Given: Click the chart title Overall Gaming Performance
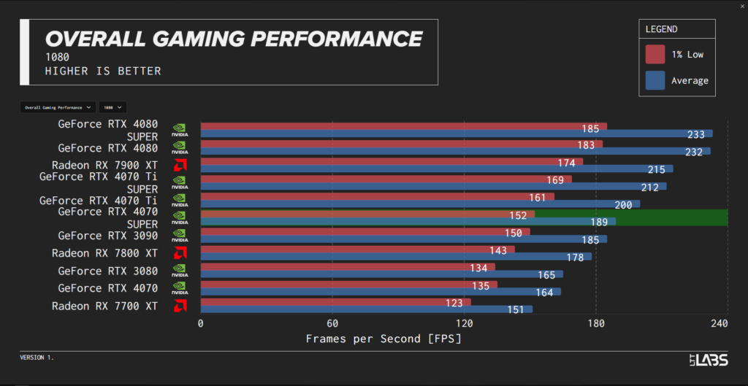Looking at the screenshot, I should [234, 39].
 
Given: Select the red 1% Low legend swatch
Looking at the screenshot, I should [655, 55].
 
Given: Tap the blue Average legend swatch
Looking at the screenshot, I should [655, 80].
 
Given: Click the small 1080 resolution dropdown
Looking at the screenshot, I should [112, 107].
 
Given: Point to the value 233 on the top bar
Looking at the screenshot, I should [696, 134].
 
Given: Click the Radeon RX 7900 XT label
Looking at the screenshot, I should [104, 165].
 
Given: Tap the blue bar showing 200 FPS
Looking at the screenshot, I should [416, 204].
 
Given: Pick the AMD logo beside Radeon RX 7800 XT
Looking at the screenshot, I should [180, 252].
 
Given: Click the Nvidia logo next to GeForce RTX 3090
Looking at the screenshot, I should [180, 235].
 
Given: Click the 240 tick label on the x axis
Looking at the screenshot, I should [719, 323].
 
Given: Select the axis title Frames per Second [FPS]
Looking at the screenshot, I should [383, 339].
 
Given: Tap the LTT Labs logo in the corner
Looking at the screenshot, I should [708, 359].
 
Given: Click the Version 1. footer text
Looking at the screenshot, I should [37, 358].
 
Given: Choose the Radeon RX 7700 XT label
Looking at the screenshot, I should [104, 306].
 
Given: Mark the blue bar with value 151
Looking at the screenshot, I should [365, 309].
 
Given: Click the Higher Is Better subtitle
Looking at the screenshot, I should [102, 71].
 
